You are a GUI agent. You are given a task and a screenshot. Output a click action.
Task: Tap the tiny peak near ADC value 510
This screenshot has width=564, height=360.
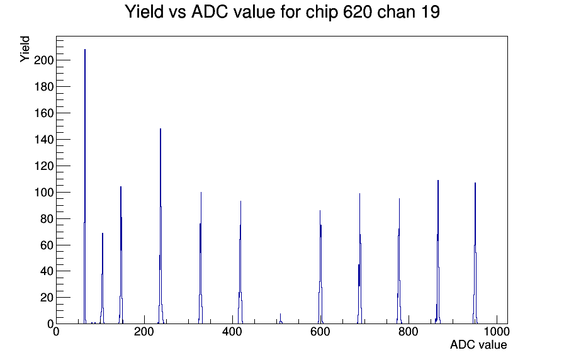tap(281, 319)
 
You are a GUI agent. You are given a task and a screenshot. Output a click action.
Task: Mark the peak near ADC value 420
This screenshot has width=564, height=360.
tap(240, 262)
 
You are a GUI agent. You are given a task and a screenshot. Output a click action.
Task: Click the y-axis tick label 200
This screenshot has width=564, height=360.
tap(43, 60)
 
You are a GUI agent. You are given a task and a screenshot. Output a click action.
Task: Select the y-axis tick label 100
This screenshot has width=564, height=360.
tap(43, 193)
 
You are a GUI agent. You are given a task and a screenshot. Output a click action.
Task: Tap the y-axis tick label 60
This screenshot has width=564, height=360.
tap(47, 245)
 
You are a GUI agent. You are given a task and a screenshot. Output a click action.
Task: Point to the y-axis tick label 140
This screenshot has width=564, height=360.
tap(43, 140)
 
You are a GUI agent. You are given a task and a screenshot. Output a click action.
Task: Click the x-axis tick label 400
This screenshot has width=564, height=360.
tap(232, 332)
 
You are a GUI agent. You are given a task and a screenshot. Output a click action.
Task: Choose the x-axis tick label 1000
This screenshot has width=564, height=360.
tap(497, 332)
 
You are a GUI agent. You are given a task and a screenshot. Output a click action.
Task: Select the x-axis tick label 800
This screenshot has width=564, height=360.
tap(409, 332)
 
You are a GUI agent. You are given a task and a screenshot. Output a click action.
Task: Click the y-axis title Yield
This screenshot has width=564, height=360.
tap(25, 49)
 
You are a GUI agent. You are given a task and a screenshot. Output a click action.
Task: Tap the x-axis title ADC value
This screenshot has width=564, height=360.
tap(478, 344)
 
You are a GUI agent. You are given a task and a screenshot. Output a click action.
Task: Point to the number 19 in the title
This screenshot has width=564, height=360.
tap(431, 12)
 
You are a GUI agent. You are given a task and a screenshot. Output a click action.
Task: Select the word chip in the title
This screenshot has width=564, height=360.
tap(322, 13)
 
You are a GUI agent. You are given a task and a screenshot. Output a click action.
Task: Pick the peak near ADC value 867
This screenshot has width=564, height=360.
tap(437, 252)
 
